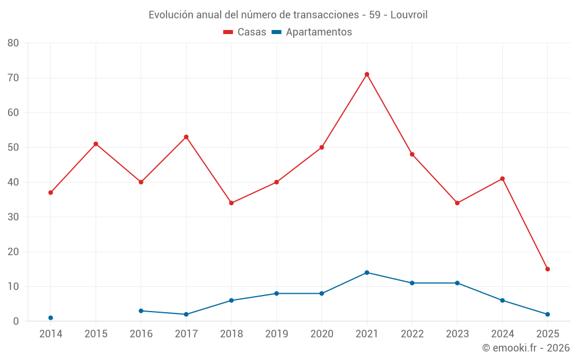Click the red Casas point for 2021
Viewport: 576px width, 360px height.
[x=367, y=74]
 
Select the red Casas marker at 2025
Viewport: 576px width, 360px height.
[x=548, y=269]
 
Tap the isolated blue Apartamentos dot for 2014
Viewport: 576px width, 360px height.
[x=51, y=318]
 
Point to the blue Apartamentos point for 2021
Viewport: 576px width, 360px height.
[x=367, y=272]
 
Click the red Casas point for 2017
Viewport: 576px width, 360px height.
[x=186, y=137]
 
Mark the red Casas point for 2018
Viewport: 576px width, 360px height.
[x=232, y=203]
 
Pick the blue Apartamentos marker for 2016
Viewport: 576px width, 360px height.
[x=141, y=311]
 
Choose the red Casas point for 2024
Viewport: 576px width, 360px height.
[x=502, y=179]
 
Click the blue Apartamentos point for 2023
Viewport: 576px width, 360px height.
[x=457, y=283]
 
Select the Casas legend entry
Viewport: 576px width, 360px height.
[x=245, y=32]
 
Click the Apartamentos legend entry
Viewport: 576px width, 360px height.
[x=312, y=32]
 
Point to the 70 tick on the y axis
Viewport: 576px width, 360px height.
[x=13, y=78]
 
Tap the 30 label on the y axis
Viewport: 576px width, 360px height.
[x=13, y=217]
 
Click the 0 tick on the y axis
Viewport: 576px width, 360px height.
[x=16, y=321]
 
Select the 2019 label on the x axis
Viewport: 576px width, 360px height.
[x=276, y=334]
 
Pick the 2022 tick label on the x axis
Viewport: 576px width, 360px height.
[x=412, y=334]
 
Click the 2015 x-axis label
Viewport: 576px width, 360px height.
[x=96, y=334]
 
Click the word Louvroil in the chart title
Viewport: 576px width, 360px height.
[x=409, y=15]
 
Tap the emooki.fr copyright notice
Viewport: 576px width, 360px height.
[x=525, y=348]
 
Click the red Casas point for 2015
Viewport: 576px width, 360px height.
[x=96, y=144]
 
